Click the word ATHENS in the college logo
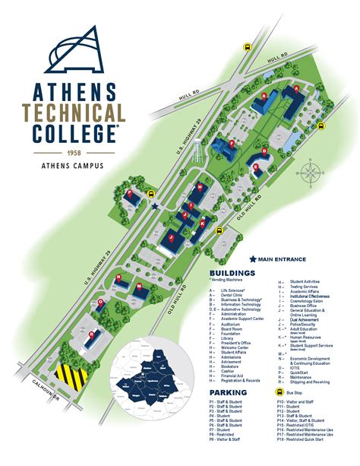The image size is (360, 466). (75, 91)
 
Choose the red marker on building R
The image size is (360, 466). (92, 333)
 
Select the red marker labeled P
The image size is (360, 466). (130, 193)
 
